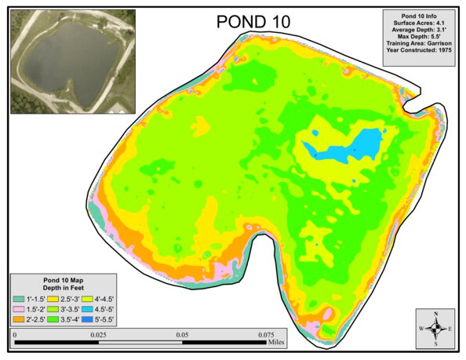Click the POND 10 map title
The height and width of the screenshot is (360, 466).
click(253, 22)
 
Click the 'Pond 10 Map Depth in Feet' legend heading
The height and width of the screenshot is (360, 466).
click(64, 283)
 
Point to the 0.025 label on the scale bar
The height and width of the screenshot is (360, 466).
click(98, 334)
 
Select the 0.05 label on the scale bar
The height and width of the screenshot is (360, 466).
click(182, 334)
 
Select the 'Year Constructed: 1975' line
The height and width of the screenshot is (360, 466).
click(419, 49)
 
